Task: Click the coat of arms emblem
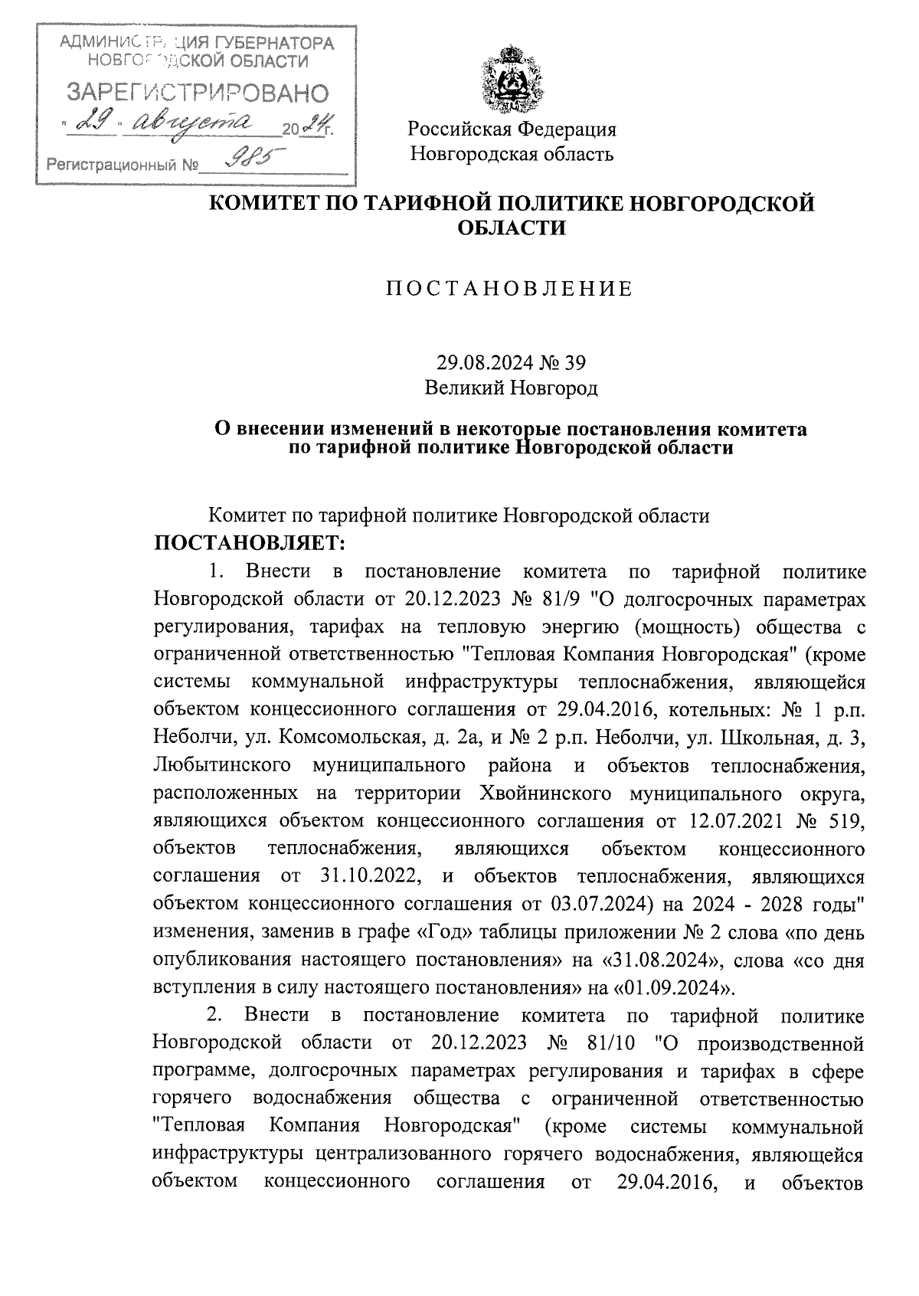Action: click(511, 80)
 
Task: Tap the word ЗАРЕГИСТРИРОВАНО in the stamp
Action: click(198, 93)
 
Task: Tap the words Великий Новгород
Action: click(511, 388)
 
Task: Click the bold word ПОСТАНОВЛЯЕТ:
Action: click(251, 544)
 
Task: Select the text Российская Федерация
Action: click(512, 129)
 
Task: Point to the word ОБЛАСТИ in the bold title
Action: click(511, 227)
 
